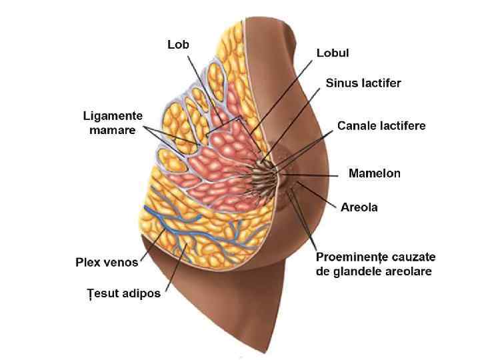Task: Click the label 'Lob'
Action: (x=178, y=45)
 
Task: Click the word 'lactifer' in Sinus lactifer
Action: (x=382, y=83)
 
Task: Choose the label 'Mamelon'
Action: (x=375, y=173)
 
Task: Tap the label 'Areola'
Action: (x=359, y=207)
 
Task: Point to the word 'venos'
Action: (x=121, y=262)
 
